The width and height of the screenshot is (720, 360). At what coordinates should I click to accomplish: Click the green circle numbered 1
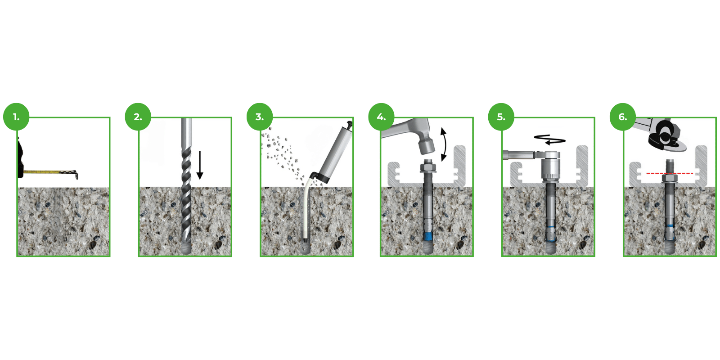click(16, 117)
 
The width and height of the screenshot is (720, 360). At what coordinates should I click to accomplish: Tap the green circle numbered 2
click(138, 117)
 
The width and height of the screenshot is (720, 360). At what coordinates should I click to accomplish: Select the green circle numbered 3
click(260, 117)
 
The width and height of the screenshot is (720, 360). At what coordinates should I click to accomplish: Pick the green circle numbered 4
click(381, 117)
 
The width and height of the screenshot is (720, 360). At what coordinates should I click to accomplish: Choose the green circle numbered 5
click(501, 117)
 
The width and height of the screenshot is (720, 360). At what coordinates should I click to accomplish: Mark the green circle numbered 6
click(622, 117)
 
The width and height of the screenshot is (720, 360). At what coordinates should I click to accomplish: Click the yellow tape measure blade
click(47, 172)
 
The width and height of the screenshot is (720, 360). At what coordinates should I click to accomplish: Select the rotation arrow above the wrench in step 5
click(550, 139)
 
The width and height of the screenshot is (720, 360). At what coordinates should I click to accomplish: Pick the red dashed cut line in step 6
click(670, 173)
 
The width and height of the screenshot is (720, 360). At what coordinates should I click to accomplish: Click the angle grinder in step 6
click(664, 135)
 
